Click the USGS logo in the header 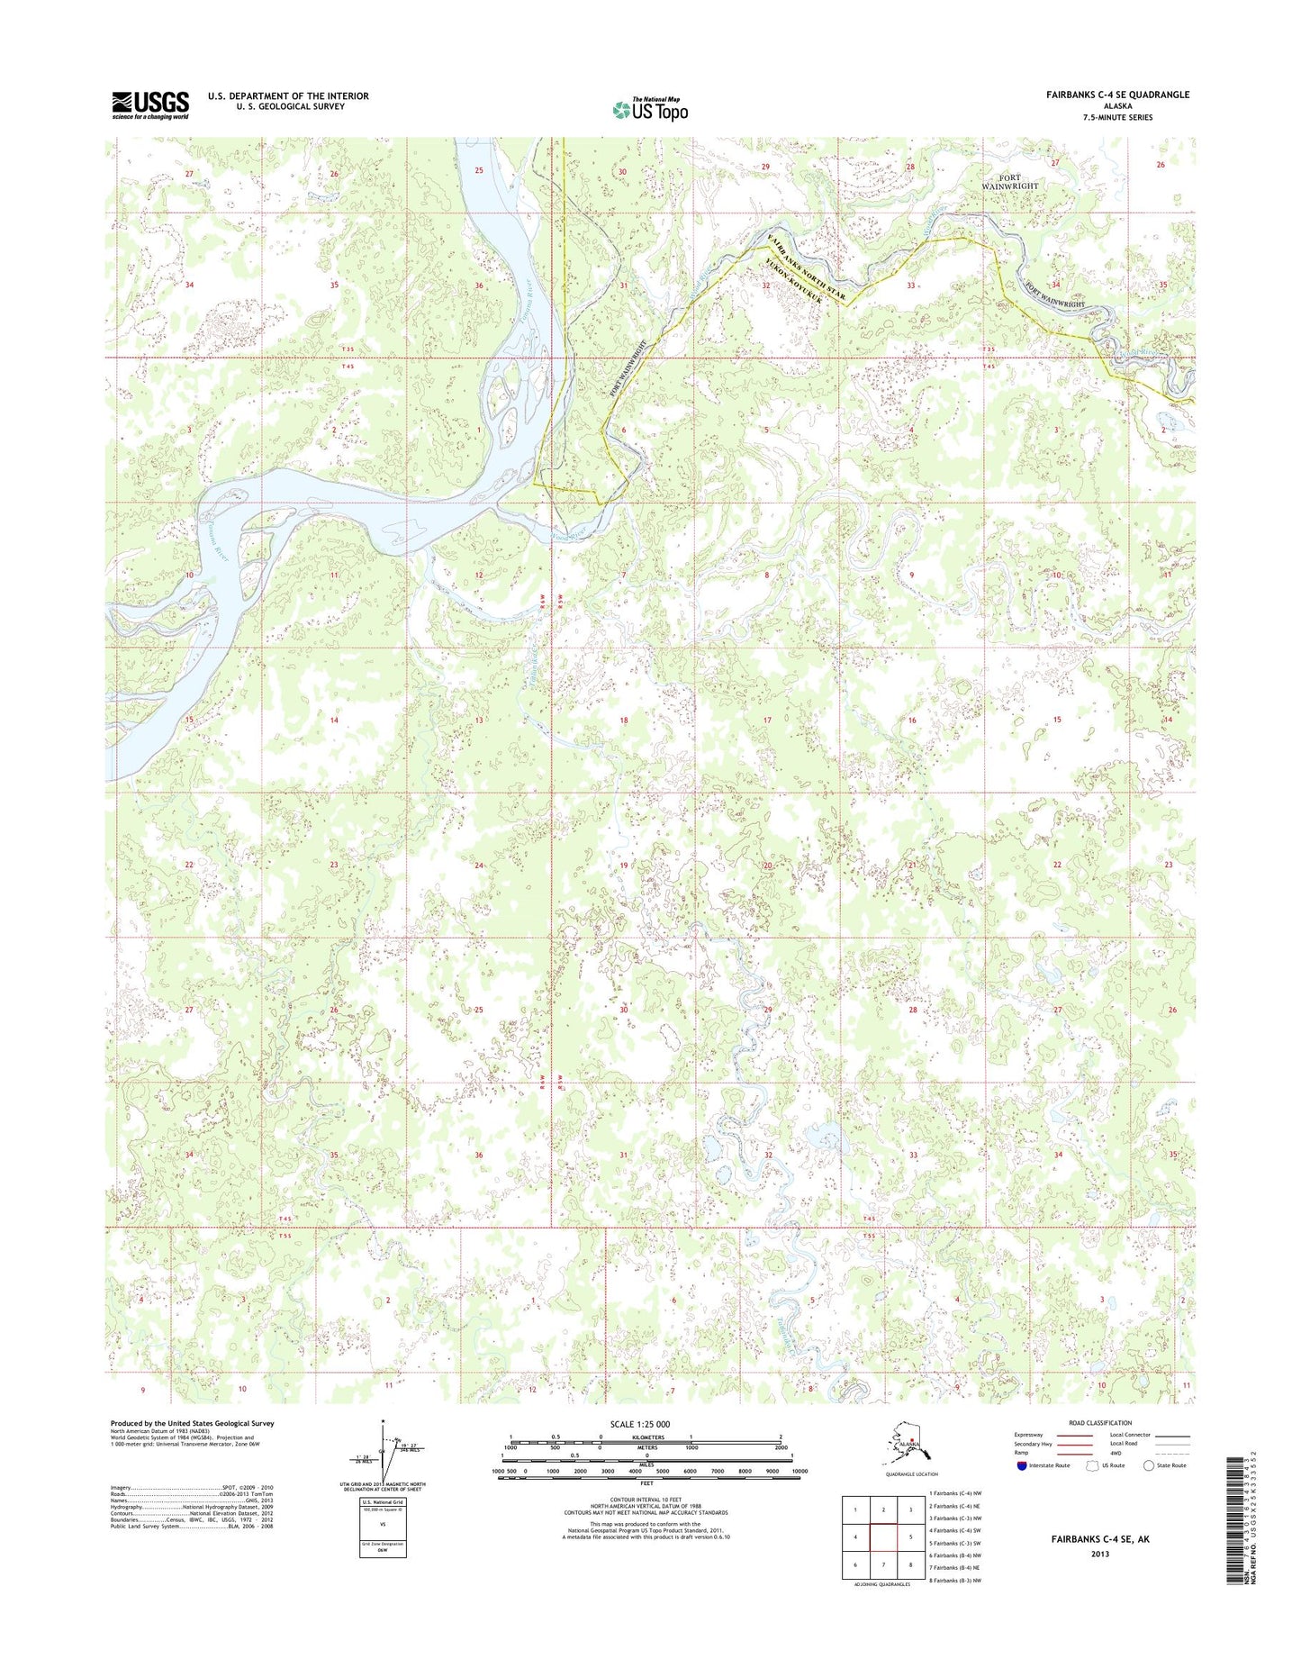[x=150, y=104]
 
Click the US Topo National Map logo [x=650, y=109]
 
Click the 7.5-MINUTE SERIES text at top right [x=1118, y=117]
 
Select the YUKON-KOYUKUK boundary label [x=796, y=285]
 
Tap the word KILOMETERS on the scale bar [x=646, y=1437]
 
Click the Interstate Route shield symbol [x=1021, y=1465]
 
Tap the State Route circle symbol [x=1148, y=1465]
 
